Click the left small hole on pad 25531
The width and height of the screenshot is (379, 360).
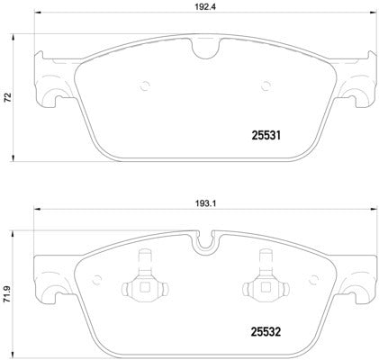145,87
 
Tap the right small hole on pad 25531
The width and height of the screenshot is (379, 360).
266,87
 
